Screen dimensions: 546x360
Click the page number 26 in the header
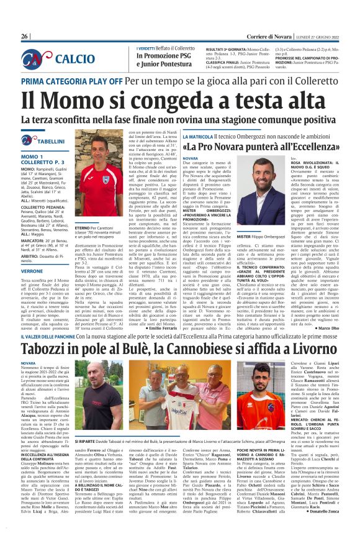pos(25,37)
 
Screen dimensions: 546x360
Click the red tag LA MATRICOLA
pos(200,136)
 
